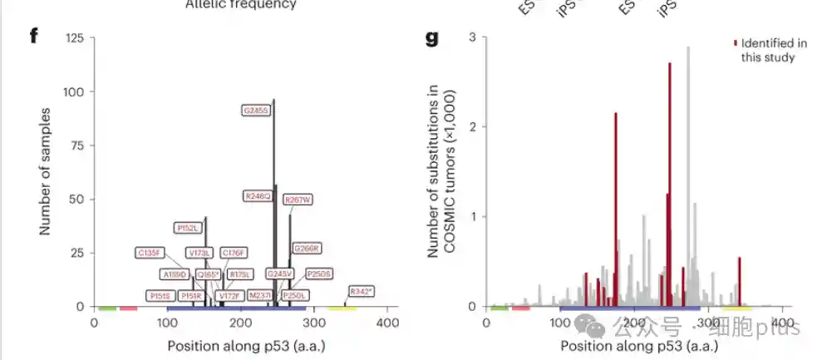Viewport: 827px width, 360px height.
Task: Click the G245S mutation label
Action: point(257,110)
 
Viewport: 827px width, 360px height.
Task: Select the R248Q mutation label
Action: point(258,196)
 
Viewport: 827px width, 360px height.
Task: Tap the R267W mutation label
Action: point(298,200)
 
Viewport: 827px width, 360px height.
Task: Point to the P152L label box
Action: point(189,227)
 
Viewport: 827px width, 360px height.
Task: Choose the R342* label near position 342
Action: point(362,292)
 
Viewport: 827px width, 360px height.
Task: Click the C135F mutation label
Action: point(151,252)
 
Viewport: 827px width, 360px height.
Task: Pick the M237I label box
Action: point(261,295)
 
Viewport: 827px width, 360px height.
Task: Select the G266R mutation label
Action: point(306,248)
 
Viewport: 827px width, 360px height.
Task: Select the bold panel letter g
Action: point(432,39)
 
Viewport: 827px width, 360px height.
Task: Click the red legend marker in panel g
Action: point(735,42)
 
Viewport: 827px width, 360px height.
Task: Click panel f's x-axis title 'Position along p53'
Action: point(246,345)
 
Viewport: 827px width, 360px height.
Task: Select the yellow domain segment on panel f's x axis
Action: point(342,308)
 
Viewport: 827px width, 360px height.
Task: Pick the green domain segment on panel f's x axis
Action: point(106,308)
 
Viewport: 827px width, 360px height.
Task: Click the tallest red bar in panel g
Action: point(669,183)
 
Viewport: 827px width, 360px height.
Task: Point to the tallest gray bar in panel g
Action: point(687,166)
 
